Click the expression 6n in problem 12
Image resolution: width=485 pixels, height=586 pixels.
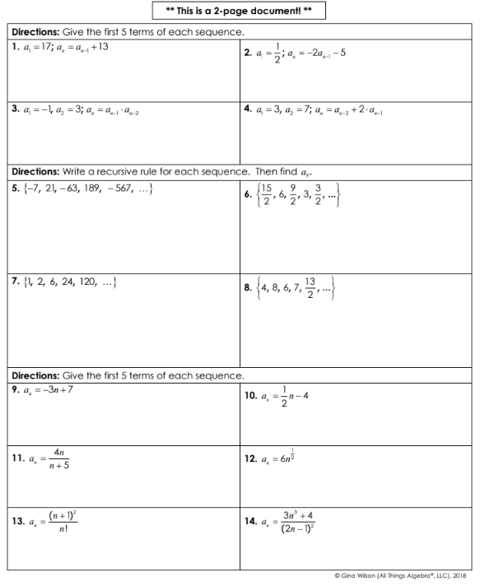[294, 458]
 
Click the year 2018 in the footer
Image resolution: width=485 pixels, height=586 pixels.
[466, 574]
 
